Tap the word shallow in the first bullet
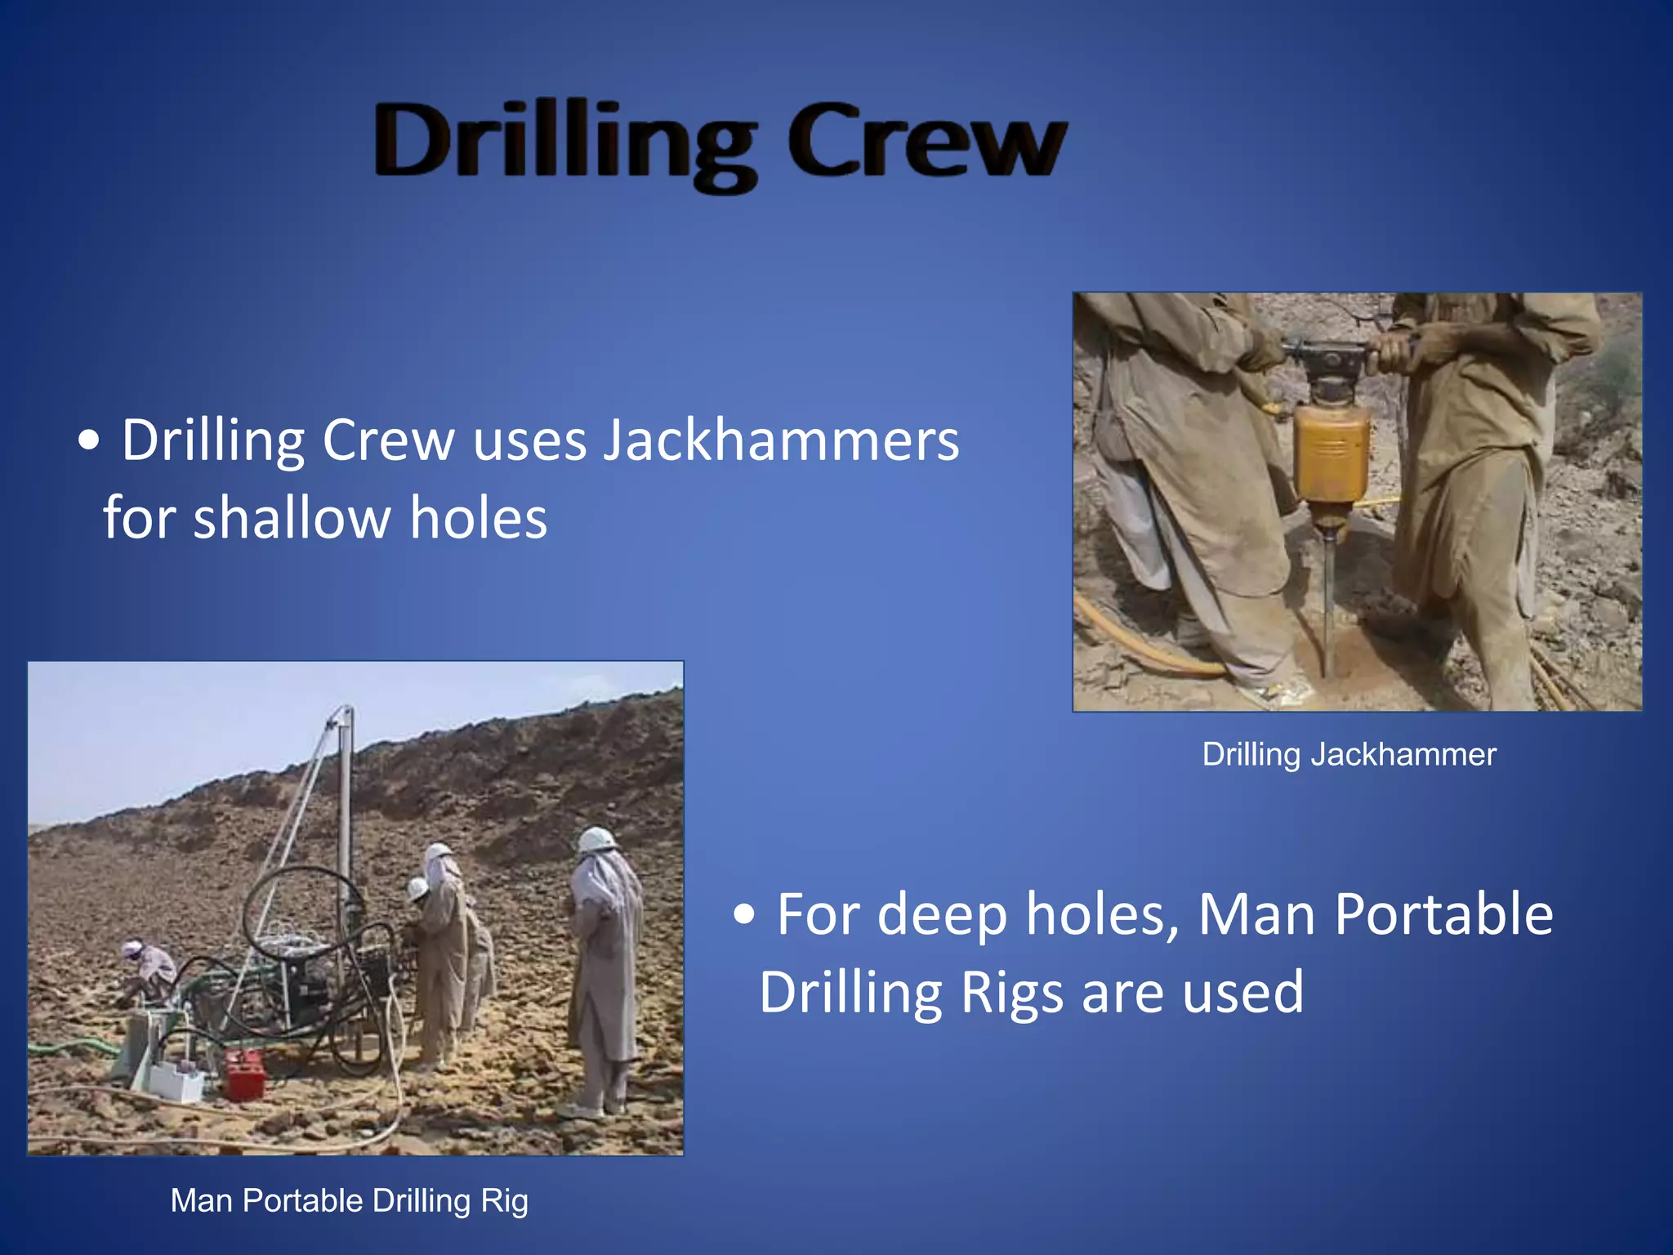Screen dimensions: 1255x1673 coord(290,519)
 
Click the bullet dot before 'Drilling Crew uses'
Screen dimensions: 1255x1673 coord(89,442)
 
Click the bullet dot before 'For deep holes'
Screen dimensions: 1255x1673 coord(743,915)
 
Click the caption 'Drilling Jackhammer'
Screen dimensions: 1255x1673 coord(1349,754)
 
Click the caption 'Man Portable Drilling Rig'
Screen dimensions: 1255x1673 coord(349,1201)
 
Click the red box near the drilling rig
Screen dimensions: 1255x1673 coord(245,1074)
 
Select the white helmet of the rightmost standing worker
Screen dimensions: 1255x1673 coord(596,840)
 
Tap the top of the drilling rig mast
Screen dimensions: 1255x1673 coord(346,712)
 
